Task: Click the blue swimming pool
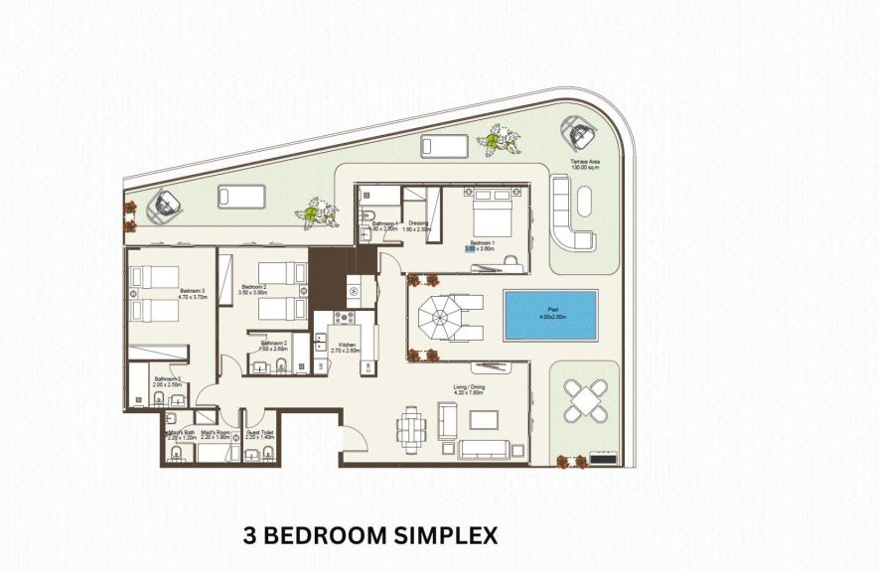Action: tap(550, 314)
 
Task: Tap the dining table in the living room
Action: tap(412, 430)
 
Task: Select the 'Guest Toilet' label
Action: tap(260, 432)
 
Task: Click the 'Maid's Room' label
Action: tap(218, 432)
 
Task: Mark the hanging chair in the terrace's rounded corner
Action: tap(579, 131)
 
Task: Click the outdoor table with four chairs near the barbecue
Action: tap(583, 402)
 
